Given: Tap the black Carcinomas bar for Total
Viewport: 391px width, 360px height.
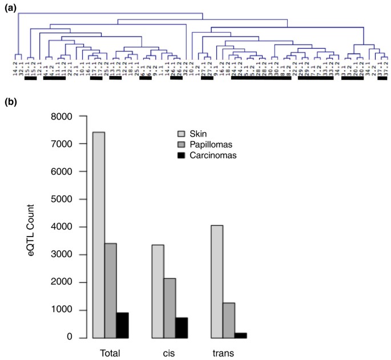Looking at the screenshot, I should tap(123, 325).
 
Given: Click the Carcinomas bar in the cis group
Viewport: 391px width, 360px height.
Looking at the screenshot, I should tap(182, 327).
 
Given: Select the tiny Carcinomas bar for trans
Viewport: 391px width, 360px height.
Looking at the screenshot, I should tap(241, 335).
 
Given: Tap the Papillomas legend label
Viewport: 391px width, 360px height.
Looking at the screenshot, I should tap(217, 145).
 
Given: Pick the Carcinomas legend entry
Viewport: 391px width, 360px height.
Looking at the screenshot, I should tap(219, 155).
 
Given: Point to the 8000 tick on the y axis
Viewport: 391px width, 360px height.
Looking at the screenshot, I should tap(72, 117).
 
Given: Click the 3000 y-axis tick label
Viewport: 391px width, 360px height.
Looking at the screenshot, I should tap(72, 255).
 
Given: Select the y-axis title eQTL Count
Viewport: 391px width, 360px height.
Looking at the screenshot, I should tap(37, 228).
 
